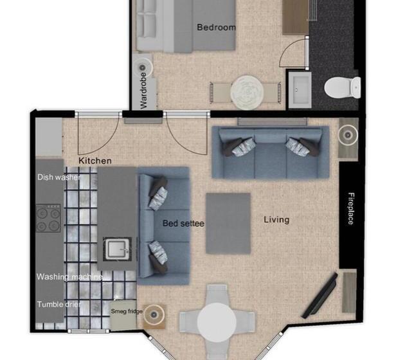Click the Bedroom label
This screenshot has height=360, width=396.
[x=216, y=27]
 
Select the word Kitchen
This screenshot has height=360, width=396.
[x=95, y=160]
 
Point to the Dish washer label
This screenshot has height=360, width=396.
[x=58, y=177]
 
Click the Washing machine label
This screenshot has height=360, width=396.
[x=69, y=277]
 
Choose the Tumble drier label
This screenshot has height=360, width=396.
[x=59, y=304]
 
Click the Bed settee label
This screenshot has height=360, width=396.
[x=183, y=224]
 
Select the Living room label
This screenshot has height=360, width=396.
[x=276, y=220]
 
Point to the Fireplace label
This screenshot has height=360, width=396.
[x=351, y=208]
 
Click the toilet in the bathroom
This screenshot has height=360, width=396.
[x=342, y=87]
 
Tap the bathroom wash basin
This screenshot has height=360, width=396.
[x=300, y=88]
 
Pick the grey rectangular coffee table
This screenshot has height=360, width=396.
[x=228, y=223]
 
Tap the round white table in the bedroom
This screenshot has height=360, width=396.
[x=247, y=91]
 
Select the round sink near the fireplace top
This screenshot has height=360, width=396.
[x=348, y=134]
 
